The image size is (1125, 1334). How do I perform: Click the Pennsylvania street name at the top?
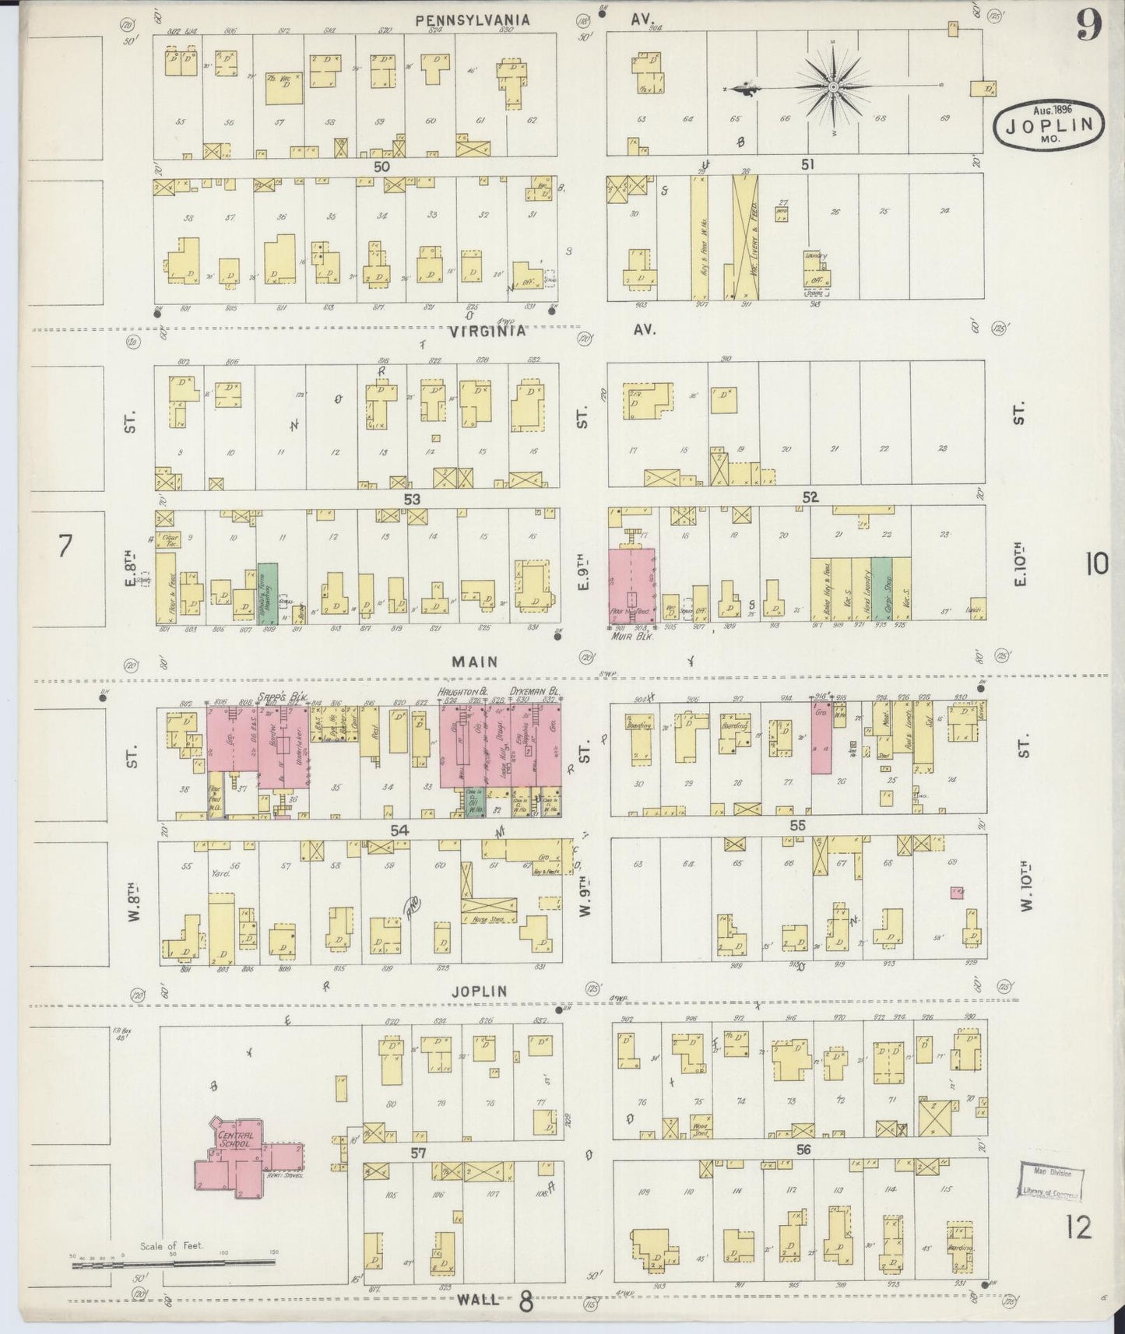pyautogui.click(x=473, y=20)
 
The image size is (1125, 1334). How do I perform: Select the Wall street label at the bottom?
pyautogui.click(x=479, y=1299)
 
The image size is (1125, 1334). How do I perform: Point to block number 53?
pyautogui.click(x=412, y=498)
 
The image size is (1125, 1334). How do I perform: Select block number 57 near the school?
pyautogui.click(x=418, y=1153)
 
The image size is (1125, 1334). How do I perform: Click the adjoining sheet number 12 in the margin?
pyautogui.click(x=1080, y=1229)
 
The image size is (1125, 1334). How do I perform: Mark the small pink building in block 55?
pyautogui.click(x=956, y=893)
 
